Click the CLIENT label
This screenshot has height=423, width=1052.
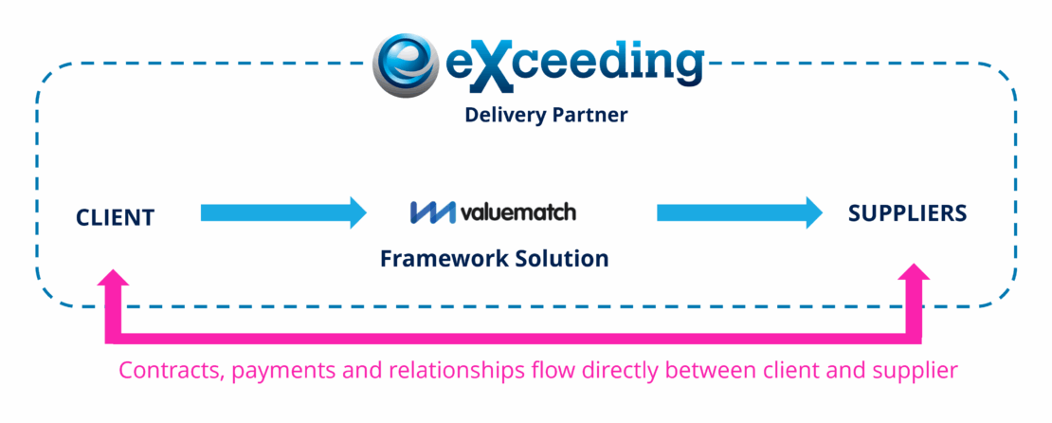(116, 217)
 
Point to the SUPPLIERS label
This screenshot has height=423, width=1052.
(907, 212)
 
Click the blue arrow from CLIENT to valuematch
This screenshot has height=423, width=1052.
(283, 212)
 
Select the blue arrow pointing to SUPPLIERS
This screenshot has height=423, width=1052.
(739, 212)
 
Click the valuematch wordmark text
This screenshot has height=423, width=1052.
(518, 212)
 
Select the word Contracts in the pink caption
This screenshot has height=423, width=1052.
(168, 370)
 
